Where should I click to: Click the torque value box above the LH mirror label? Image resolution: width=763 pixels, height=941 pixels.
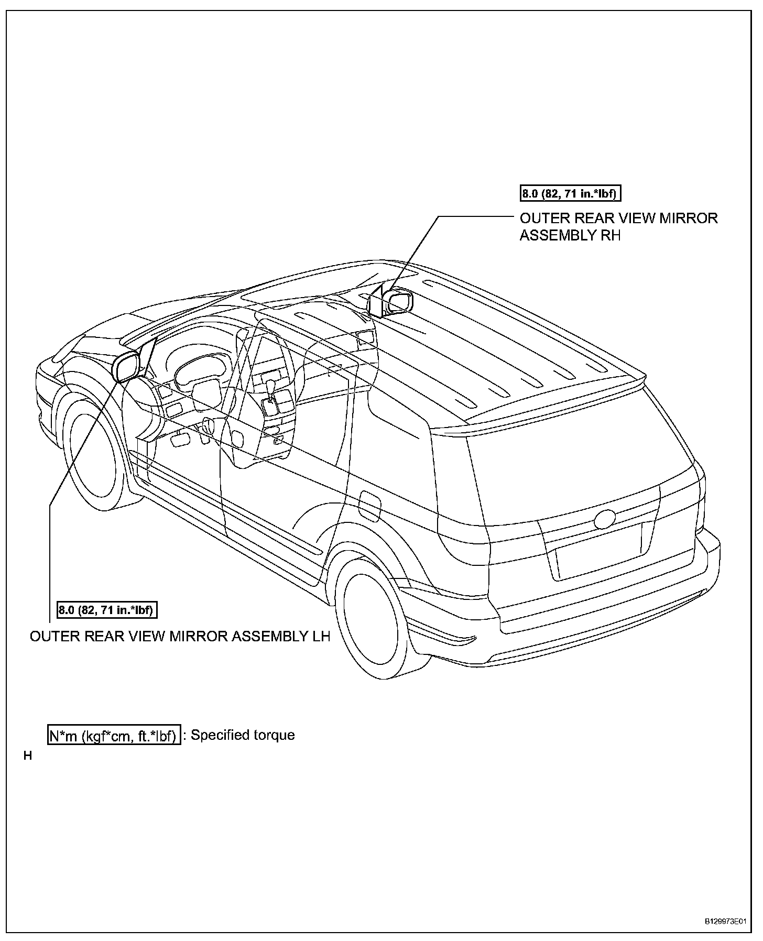point(107,610)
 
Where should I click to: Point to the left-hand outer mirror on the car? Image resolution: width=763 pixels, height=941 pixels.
point(126,367)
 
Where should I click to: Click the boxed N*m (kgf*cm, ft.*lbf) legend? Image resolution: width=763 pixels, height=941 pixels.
point(113,736)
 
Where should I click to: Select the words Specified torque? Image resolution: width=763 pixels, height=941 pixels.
point(242,735)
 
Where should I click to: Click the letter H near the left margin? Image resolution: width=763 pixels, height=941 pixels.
point(28,756)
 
